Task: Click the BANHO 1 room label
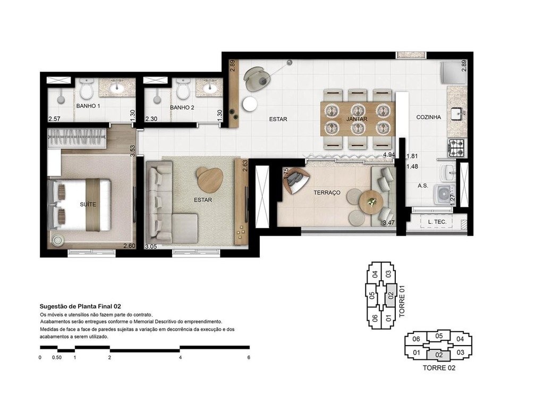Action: (88, 106)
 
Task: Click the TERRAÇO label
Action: (327, 192)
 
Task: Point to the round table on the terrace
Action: (370, 201)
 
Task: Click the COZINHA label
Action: (429, 117)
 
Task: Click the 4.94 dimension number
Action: (390, 155)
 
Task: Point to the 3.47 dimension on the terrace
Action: (389, 223)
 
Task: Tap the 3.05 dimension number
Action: (151, 247)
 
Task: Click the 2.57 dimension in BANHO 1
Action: (54, 119)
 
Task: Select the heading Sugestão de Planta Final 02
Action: (81, 306)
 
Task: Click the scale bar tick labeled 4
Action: (181, 357)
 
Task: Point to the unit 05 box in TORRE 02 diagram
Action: (439, 336)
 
